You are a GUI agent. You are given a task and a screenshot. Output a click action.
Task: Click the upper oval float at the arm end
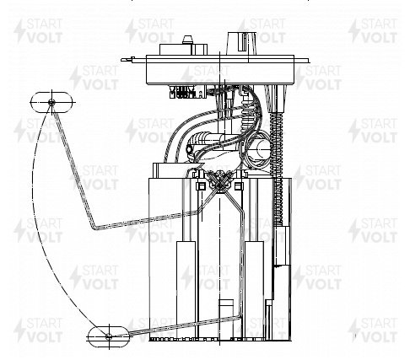51,102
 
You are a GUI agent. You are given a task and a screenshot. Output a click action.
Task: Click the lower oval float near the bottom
109,336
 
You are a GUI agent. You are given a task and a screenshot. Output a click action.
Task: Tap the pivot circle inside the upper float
51,102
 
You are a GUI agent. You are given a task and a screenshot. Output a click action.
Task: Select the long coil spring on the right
278,168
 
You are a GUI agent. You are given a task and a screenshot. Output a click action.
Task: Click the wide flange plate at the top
220,70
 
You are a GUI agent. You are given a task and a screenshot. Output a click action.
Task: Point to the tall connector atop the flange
242,43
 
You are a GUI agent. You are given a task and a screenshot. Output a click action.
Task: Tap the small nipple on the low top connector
187,40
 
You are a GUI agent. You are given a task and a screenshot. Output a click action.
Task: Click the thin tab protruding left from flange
128,59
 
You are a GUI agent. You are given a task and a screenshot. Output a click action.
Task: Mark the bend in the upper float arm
94,227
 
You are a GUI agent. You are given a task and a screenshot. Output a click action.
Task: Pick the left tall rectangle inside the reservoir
186,289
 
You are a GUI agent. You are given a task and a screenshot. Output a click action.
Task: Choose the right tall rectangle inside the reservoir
254,289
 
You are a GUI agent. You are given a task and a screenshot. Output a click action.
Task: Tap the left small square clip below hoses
202,185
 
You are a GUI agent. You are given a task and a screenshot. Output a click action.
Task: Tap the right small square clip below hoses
239,185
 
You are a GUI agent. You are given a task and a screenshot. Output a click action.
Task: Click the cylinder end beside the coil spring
264,148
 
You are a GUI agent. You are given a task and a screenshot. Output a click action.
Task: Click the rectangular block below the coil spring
282,245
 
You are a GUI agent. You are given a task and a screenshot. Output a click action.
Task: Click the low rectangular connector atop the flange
183,49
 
